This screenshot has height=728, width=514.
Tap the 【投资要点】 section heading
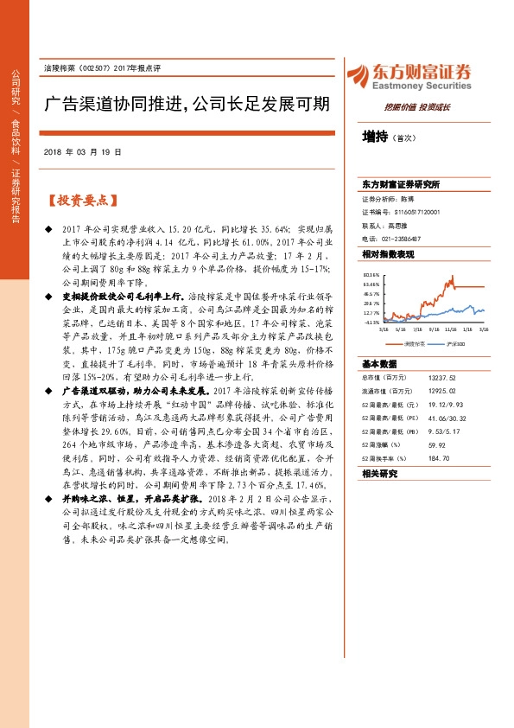click(80, 200)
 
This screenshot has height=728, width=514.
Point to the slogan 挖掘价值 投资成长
click(416, 106)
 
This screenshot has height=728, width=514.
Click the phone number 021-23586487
click(399, 238)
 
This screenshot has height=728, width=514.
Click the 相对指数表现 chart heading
click(389, 254)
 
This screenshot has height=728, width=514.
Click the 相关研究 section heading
click(378, 474)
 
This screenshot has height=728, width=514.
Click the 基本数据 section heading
click(378, 364)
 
